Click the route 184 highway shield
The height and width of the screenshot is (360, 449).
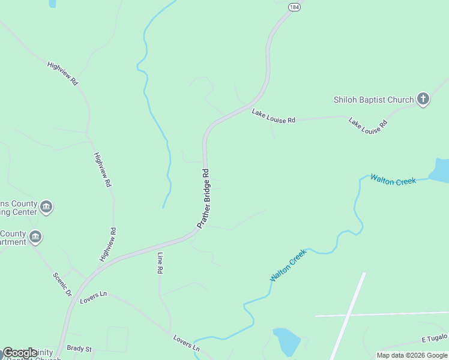coord(293,7)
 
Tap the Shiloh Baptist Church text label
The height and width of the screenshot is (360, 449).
coord(373,100)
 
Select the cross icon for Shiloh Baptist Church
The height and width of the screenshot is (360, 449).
coord(423,99)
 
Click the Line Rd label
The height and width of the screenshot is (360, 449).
coord(160,263)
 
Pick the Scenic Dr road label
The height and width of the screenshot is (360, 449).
coord(62,285)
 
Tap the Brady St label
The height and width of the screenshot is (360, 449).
coord(79,349)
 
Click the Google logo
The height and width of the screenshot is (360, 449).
coord(20,353)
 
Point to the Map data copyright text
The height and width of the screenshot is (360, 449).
coord(411,355)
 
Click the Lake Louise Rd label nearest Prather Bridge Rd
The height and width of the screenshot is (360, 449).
coord(273,116)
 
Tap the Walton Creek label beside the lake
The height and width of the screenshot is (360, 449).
coord(393,179)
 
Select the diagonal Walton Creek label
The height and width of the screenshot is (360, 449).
coord(288,266)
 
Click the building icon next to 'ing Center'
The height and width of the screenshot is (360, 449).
coord(46,208)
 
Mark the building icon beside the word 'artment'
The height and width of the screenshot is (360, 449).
coord(35,238)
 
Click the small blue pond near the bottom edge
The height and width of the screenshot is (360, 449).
coord(286,342)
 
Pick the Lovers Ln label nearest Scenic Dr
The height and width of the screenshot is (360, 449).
coord(93,295)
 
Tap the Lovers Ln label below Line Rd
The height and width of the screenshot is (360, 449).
coord(186,343)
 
